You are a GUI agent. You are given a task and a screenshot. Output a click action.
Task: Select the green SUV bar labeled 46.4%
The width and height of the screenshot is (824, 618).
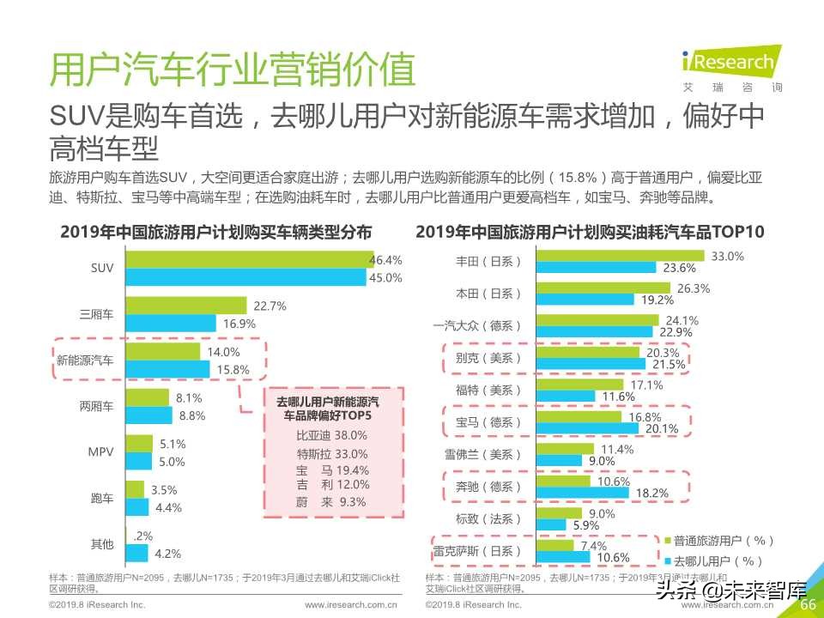pyautogui.click(x=247, y=259)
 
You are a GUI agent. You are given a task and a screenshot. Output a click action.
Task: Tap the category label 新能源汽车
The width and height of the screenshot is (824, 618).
pyautogui.click(x=85, y=360)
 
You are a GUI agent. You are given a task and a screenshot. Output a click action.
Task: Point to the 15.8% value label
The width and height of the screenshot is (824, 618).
pyautogui.click(x=233, y=369)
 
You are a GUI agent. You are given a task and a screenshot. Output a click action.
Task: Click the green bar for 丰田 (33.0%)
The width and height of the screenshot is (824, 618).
pyautogui.click(x=619, y=256)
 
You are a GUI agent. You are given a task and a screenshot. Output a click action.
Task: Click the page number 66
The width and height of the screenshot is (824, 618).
pyautogui.click(x=807, y=604)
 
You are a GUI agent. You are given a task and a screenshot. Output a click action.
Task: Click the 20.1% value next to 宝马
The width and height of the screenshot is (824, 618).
pyautogui.click(x=662, y=428)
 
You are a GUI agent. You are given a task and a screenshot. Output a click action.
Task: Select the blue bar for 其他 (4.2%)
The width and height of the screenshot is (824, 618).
pyautogui.click(x=136, y=553)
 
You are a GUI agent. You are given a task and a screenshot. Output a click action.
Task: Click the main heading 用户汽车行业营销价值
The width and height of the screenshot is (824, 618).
pyautogui.click(x=233, y=70)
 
